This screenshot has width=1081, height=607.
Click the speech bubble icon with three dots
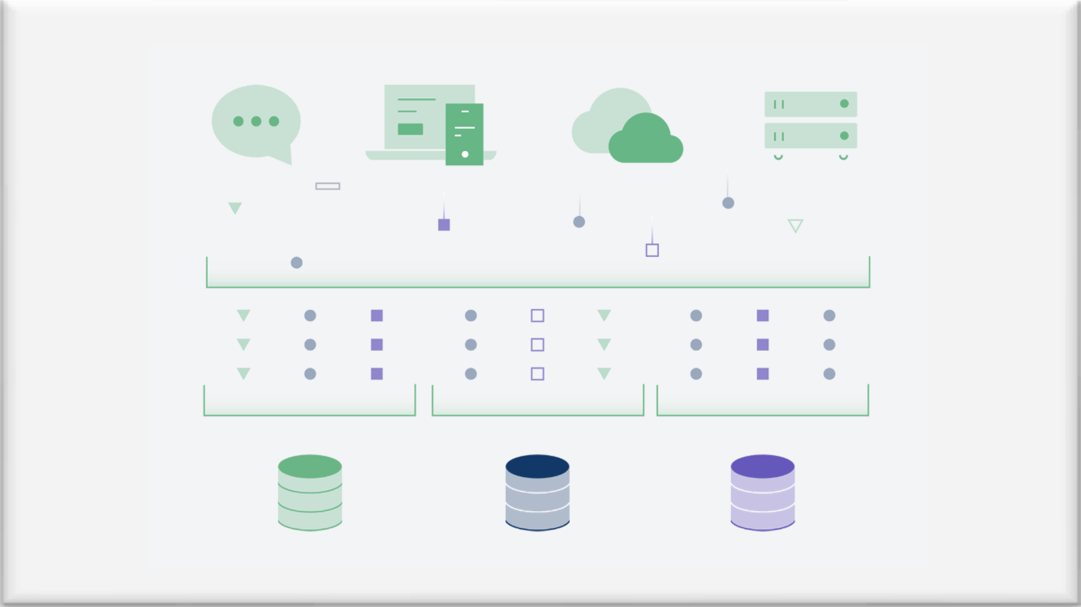(x=256, y=122)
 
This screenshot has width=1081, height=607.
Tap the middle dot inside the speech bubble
(x=256, y=122)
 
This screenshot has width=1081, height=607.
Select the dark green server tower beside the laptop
(x=464, y=134)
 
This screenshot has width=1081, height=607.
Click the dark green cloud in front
(x=646, y=141)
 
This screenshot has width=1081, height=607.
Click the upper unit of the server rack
(x=810, y=104)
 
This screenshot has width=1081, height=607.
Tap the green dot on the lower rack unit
(x=844, y=136)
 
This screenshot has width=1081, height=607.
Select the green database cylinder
(x=310, y=493)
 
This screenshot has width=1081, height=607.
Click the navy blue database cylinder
(x=537, y=493)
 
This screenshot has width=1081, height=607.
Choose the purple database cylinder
(x=762, y=493)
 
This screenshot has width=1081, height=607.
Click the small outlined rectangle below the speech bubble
(x=328, y=186)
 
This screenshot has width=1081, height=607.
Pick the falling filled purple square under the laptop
(x=444, y=225)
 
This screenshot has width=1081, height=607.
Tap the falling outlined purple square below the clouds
(x=652, y=250)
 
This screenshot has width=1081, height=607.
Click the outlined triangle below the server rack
(x=795, y=225)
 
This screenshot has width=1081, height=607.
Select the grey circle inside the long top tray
(x=296, y=263)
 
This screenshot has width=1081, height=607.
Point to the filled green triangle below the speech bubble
(x=235, y=207)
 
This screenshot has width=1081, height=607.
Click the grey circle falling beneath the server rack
(x=728, y=203)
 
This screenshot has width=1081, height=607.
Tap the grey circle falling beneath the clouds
(x=579, y=222)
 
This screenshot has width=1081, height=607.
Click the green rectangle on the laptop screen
(x=410, y=129)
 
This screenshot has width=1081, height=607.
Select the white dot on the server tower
(x=465, y=154)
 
